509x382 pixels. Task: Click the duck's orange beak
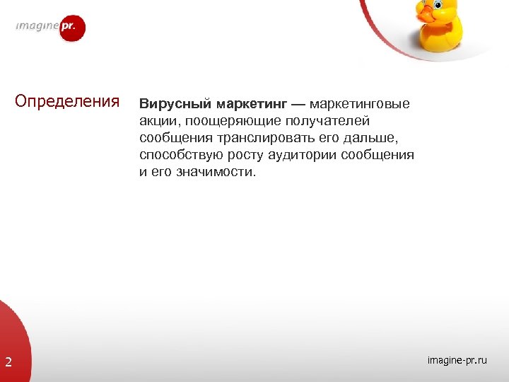click(x=424, y=11)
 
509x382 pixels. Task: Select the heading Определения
click(x=67, y=101)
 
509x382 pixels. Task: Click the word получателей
click(x=328, y=121)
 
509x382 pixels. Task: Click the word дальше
click(x=377, y=138)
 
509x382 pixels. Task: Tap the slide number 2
click(x=8, y=363)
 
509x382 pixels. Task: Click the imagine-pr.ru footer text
click(x=457, y=361)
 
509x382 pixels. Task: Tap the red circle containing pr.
click(x=73, y=28)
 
